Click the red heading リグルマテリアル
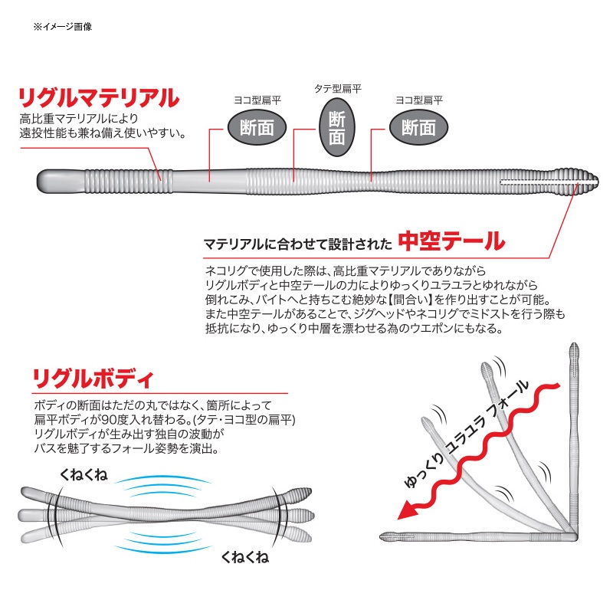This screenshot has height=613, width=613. point(100,98)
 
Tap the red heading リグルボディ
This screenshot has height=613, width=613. point(93,378)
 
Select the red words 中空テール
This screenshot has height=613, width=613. point(451,241)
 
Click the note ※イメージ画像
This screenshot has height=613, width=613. point(63,27)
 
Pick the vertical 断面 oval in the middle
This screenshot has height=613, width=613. point(337,127)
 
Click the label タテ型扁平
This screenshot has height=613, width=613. point(338,89)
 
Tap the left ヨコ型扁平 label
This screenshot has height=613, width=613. point(257,100)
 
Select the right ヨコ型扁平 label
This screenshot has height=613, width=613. point(419,100)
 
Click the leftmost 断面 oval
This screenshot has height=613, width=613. point(257,127)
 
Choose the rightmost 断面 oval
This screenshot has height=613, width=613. point(418,127)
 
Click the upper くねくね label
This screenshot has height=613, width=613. point(84,474)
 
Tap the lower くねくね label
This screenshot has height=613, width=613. point(245,557)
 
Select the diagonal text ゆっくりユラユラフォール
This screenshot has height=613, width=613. point(466,434)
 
